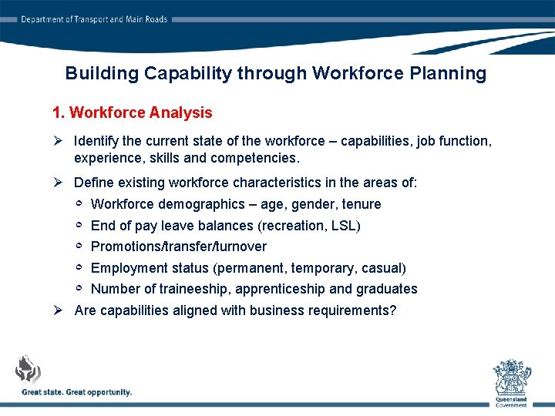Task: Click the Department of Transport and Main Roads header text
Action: [x=93, y=19]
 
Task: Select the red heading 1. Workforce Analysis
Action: [x=132, y=112]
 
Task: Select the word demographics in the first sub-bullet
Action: [x=199, y=204]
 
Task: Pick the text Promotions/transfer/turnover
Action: [x=179, y=247]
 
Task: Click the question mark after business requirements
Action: [x=392, y=310]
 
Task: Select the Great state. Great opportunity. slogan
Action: [x=76, y=392]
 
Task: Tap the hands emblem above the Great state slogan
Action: [x=28, y=371]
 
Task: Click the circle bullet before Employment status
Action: [x=79, y=267]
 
